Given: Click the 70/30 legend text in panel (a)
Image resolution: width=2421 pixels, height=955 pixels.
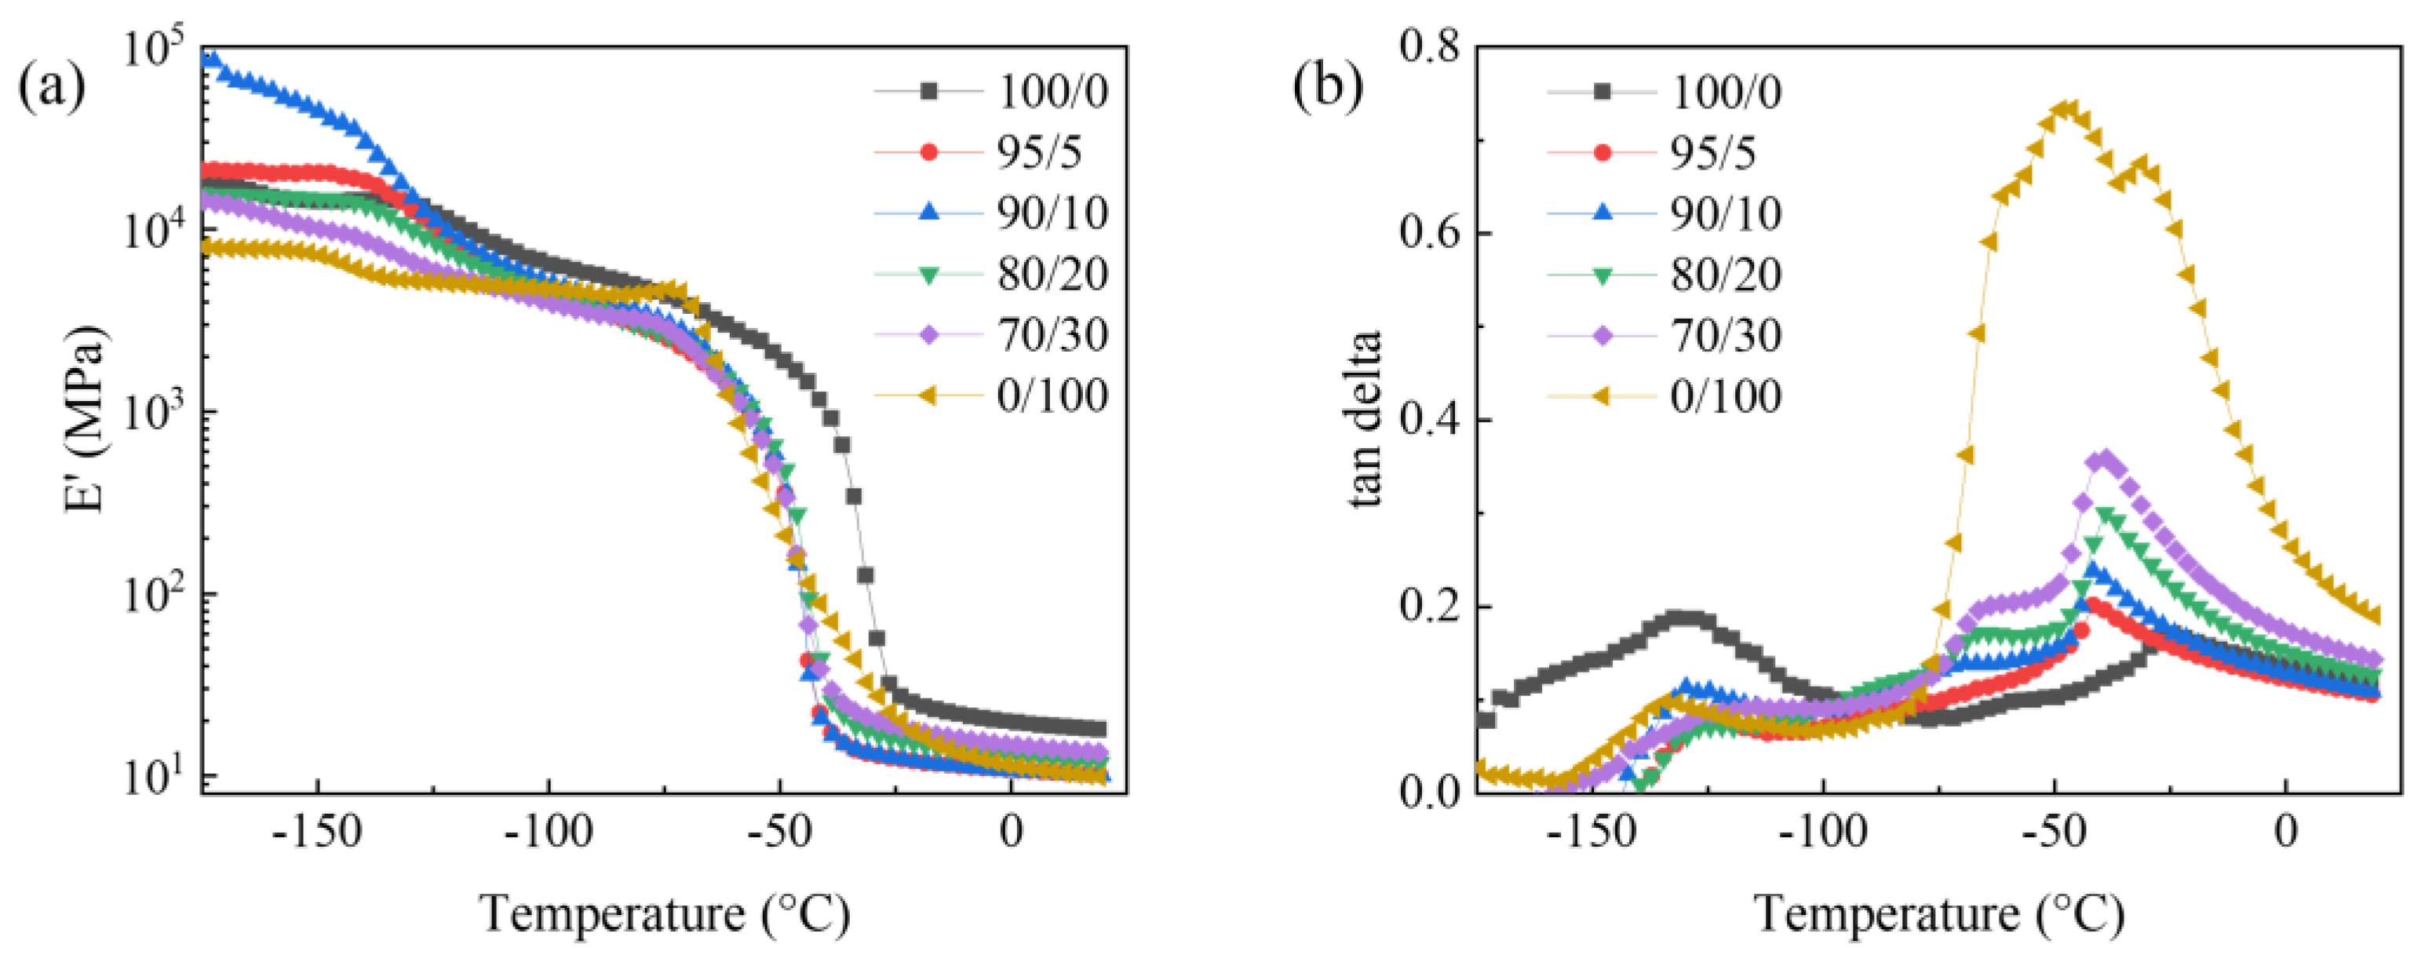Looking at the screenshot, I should (1052, 334).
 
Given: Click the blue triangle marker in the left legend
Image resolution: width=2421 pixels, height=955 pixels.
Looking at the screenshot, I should (928, 213).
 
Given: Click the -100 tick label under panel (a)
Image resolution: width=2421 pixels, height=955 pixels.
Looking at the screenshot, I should (548, 832).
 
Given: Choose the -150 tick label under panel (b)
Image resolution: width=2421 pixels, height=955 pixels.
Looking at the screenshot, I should (1592, 832).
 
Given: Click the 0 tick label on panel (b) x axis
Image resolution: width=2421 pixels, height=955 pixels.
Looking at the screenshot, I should (2286, 832).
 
